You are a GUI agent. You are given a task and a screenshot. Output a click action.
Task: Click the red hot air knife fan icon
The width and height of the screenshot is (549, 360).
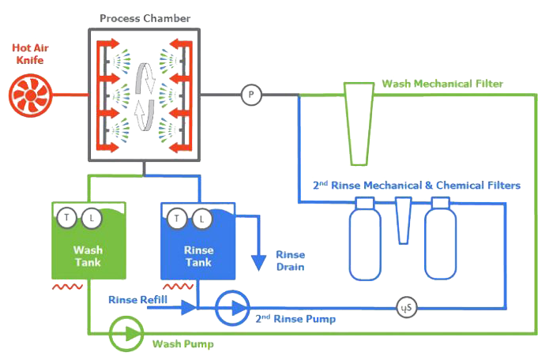[x=31, y=96]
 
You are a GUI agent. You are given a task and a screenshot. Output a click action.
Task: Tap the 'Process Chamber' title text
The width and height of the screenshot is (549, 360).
[x=145, y=18]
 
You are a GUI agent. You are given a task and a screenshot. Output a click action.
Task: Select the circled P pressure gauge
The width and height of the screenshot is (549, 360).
[x=251, y=95]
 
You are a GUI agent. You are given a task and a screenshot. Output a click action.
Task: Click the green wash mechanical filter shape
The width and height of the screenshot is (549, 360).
[x=359, y=123]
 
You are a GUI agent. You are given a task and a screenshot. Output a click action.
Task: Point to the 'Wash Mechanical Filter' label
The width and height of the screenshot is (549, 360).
[x=442, y=84]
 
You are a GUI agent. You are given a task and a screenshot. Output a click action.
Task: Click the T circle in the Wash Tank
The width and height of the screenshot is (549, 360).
[x=66, y=218]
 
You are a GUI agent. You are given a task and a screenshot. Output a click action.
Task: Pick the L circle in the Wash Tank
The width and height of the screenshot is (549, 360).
[x=92, y=219]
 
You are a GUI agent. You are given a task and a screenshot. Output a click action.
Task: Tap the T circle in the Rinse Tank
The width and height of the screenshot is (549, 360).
[x=176, y=219]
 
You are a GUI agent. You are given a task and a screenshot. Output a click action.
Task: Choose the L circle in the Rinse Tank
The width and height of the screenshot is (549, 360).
[x=201, y=219]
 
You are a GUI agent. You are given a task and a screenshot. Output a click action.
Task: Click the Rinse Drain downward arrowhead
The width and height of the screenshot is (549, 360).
[x=259, y=263]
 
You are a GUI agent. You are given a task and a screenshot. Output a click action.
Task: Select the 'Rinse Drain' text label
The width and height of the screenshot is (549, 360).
[x=290, y=261]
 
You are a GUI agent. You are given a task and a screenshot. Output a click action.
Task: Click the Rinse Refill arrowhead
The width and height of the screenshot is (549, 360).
[x=188, y=308]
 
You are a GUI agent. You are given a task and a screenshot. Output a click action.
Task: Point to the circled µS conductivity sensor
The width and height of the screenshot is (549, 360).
[x=407, y=308]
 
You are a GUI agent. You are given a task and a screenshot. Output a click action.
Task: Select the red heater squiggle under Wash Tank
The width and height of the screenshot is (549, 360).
[x=67, y=287]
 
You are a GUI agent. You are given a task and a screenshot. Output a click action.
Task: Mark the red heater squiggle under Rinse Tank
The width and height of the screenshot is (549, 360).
[x=178, y=287]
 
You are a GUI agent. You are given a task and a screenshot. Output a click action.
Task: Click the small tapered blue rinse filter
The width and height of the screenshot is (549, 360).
[x=404, y=220]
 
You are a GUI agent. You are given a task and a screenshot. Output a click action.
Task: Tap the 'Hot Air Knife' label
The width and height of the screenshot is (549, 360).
[x=30, y=54]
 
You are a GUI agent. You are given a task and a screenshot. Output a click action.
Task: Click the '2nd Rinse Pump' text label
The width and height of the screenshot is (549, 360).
[x=295, y=318]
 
